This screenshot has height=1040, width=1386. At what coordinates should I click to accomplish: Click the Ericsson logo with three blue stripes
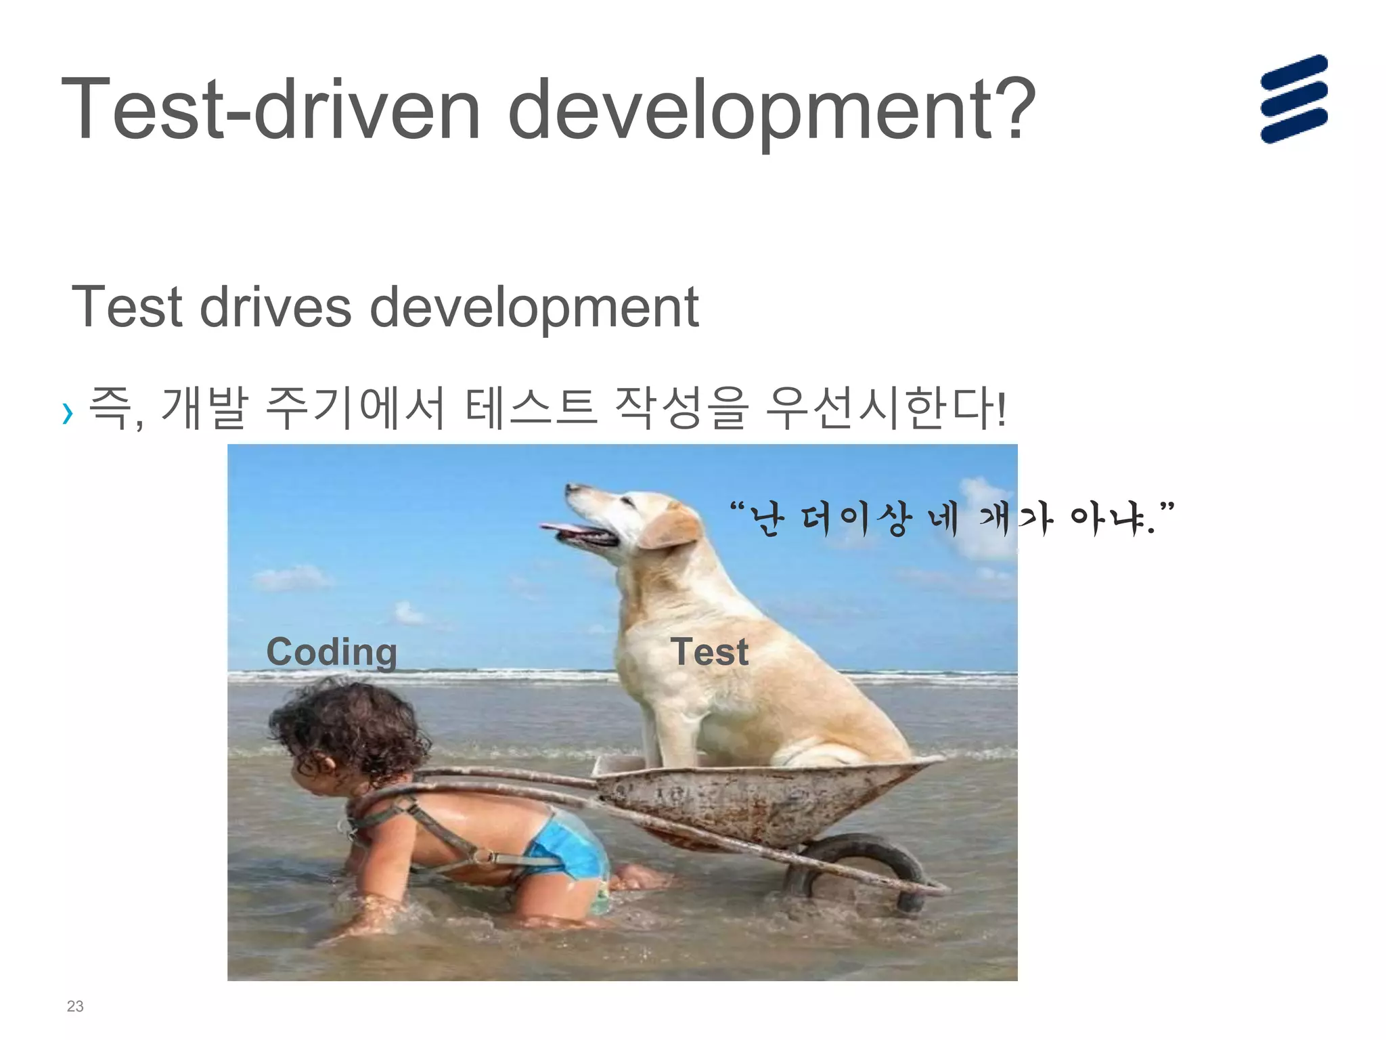pos(1293,99)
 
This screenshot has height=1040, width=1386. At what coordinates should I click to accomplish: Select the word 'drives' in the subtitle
pos(275,307)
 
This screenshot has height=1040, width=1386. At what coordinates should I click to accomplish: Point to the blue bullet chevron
pos(67,412)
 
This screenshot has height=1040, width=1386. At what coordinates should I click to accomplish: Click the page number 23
pos(75,1006)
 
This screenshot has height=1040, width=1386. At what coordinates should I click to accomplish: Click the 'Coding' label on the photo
pos(332,652)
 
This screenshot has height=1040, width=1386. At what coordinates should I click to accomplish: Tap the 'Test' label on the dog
pos(709,652)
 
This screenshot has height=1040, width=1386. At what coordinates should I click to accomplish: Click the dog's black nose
pos(570,486)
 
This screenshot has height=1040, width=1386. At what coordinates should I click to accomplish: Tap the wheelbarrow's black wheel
pos(859,870)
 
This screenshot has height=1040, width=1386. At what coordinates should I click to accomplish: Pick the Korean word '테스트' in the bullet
pos(531,408)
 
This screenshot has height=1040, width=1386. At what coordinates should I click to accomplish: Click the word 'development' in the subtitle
pos(534,307)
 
